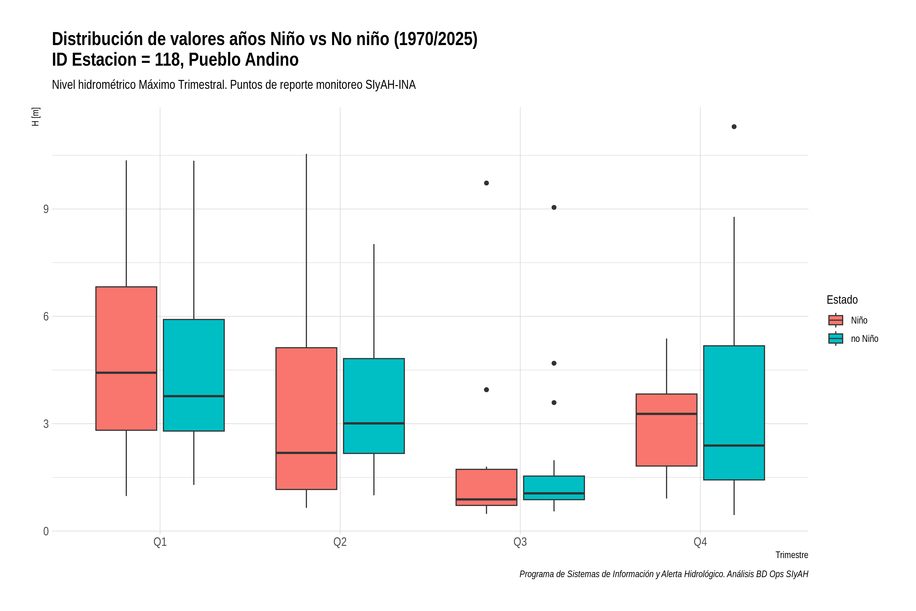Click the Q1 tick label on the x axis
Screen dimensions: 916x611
[160, 542]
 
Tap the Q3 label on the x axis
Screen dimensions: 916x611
[520, 542]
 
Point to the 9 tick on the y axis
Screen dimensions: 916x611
[46, 209]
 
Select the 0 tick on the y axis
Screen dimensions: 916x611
[46, 531]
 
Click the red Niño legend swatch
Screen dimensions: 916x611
[836, 320]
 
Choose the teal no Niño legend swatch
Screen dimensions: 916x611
[836, 339]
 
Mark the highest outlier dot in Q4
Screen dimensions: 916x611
[734, 127]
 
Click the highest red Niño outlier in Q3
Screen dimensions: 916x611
[486, 183]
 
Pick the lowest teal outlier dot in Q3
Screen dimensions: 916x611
[554, 402]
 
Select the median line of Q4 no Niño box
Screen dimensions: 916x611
[734, 445]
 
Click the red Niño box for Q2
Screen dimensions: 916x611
[307, 419]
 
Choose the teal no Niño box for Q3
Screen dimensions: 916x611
[554, 488]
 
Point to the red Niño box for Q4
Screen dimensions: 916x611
[667, 430]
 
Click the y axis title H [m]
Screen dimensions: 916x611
[35, 117]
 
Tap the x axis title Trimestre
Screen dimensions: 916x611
[792, 555]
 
